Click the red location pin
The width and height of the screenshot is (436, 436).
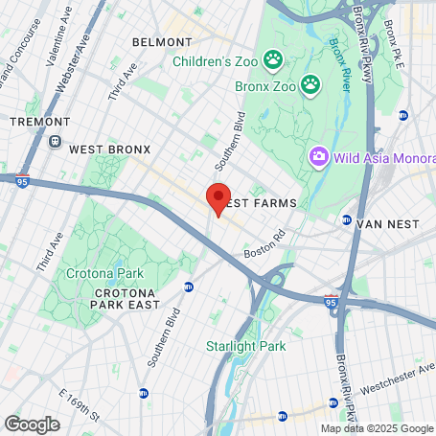click(218, 197)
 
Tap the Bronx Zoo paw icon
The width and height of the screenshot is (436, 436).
click(310, 85)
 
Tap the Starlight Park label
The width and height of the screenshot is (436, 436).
click(241, 345)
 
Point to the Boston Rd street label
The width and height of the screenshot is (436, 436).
click(265, 244)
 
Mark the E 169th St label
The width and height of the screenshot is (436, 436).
click(79, 406)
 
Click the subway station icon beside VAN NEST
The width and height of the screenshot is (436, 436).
click(346, 222)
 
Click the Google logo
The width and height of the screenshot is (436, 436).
click(32, 424)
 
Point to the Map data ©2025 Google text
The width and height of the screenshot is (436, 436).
click(376, 428)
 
